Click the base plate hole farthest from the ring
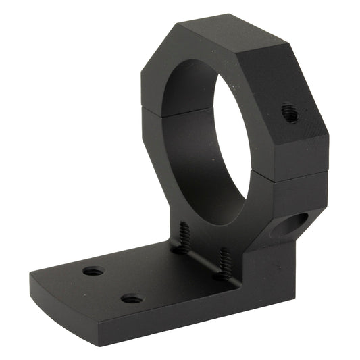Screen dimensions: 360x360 (x=93, y=272)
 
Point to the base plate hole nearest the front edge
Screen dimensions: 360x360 (x=132, y=299)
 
